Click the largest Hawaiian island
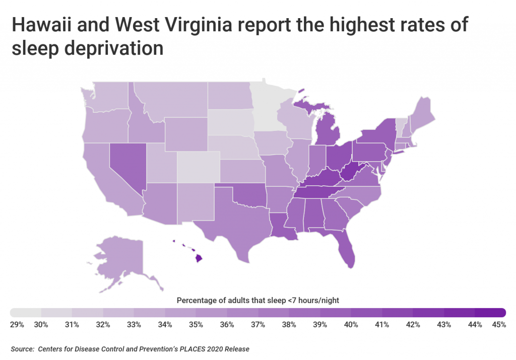199,258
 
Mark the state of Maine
423,113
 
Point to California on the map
101,181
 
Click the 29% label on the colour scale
17,325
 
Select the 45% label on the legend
498,325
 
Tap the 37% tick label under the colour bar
257,325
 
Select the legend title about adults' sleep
257,300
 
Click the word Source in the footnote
22,348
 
